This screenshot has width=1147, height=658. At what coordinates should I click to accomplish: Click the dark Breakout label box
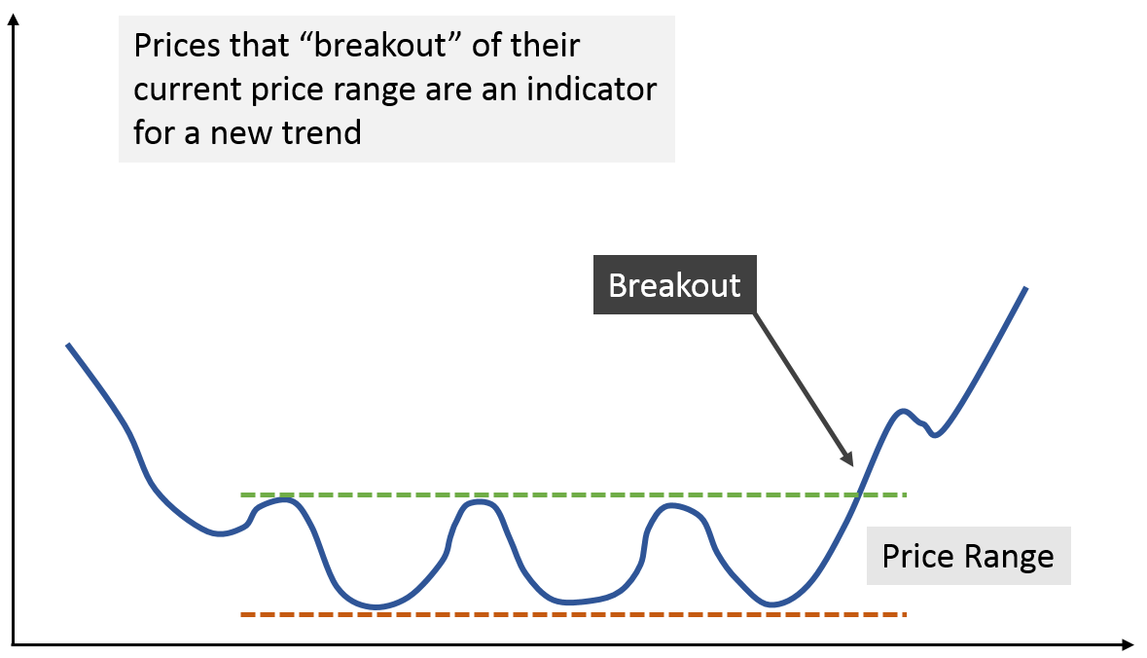tap(674, 285)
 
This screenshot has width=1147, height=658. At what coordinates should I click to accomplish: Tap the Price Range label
tap(969, 556)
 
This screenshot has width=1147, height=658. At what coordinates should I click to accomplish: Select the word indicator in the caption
tap(591, 89)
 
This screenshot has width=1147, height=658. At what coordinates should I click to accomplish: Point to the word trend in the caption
tap(322, 132)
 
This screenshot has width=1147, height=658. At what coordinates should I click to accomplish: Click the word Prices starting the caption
tap(175, 46)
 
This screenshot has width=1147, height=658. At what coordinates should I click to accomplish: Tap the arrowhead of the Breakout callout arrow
tap(847, 458)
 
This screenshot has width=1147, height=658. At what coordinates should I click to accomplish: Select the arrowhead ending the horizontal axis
tap(1128, 644)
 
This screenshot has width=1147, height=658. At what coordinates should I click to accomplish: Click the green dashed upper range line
tap(574, 494)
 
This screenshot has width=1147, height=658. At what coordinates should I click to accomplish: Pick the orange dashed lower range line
tap(574, 614)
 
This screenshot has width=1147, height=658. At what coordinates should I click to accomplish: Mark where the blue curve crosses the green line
tap(859, 494)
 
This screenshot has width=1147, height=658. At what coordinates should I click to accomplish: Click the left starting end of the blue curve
tap(67, 344)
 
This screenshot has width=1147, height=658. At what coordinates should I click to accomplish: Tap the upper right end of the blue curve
tap(1026, 288)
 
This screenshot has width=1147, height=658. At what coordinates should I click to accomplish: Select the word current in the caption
tap(187, 90)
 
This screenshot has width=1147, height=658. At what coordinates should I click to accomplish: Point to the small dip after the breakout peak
tap(934, 435)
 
